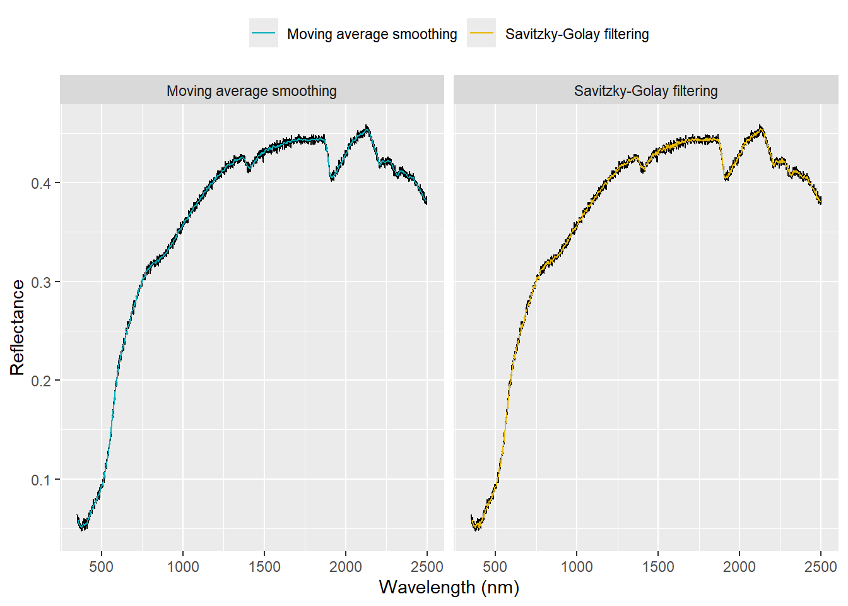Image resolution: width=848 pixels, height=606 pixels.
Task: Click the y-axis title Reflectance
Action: [x=17, y=328]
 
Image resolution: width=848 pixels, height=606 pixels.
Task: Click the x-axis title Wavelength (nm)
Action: [x=449, y=587]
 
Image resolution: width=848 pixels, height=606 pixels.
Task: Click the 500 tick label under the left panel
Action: [x=102, y=566]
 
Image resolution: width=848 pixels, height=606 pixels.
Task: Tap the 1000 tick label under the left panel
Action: [x=183, y=566]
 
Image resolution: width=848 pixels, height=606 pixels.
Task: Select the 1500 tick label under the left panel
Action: [x=264, y=566]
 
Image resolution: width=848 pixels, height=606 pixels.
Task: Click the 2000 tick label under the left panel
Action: [x=346, y=566]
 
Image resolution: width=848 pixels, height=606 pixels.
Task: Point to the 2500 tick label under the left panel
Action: [x=427, y=566]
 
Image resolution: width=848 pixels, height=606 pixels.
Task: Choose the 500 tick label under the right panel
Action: [x=495, y=566]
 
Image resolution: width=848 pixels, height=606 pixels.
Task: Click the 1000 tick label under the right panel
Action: [x=577, y=566]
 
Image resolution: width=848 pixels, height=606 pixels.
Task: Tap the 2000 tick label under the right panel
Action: [x=739, y=566]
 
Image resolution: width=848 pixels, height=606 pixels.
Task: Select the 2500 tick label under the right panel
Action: [x=821, y=566]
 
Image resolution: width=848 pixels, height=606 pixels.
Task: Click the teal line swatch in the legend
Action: [x=264, y=33]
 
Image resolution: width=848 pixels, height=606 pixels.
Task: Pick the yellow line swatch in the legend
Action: [x=481, y=33]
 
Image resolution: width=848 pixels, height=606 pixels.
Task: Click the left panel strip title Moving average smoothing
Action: [x=252, y=91]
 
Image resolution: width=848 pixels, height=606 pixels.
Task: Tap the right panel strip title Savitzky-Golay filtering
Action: [x=645, y=91]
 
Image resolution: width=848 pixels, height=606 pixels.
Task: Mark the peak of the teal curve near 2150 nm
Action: [x=367, y=128]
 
